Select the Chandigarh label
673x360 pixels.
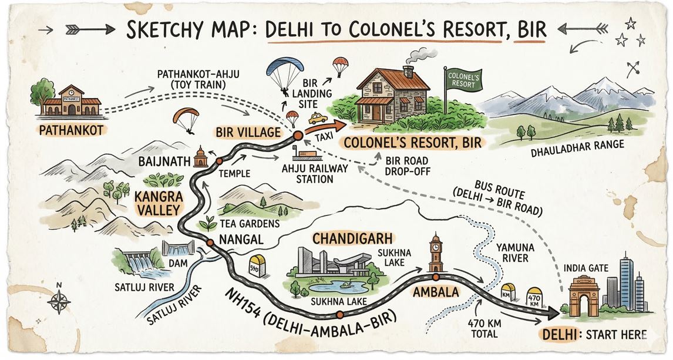click(x=348, y=239)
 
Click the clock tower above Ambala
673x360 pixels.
click(x=435, y=253)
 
